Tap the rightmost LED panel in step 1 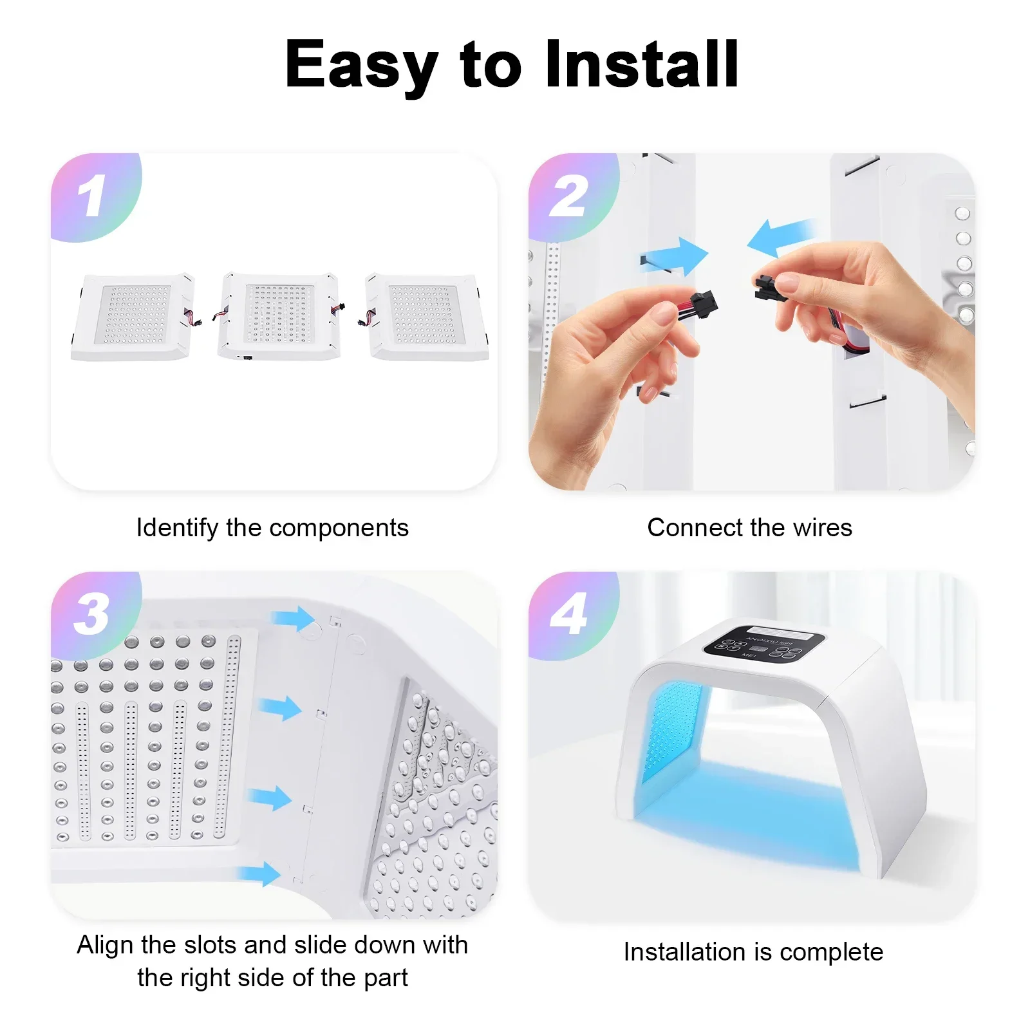(427, 316)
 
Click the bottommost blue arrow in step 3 (259, 874)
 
